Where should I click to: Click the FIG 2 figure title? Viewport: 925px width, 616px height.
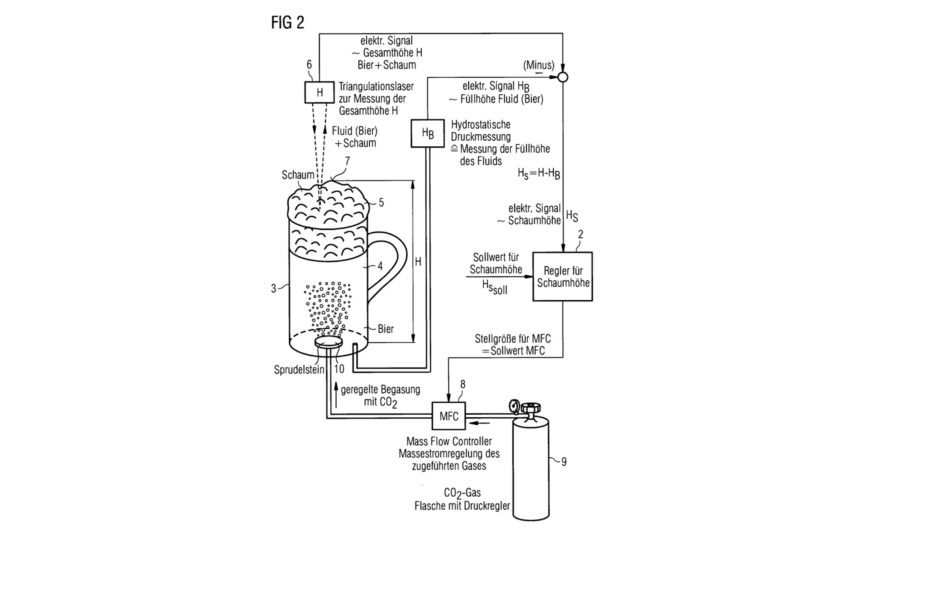(288, 22)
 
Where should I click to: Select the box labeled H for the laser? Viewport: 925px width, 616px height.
(320, 92)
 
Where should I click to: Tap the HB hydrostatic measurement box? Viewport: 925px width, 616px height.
(427, 134)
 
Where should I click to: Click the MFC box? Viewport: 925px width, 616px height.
(448, 416)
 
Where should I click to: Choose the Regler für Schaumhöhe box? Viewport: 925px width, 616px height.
(562, 276)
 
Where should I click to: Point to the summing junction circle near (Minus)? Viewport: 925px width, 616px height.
(563, 77)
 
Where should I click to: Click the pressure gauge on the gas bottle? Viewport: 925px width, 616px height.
(514, 407)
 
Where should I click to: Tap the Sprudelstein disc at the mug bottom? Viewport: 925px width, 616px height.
(328, 342)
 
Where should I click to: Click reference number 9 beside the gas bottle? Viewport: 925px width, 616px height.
(564, 462)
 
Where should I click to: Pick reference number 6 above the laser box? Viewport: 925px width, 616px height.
(309, 65)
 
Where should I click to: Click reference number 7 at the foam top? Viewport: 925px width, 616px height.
(347, 161)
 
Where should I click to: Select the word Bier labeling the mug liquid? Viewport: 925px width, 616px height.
(385, 329)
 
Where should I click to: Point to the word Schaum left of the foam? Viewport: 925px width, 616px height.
(298, 175)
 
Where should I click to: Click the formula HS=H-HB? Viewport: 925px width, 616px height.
(538, 174)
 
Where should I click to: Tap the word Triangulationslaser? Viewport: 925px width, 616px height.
(376, 86)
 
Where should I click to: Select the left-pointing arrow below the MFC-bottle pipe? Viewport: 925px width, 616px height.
(480, 423)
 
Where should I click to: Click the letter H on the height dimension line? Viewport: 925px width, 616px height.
(418, 262)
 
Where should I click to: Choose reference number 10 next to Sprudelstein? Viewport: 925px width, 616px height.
(339, 369)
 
